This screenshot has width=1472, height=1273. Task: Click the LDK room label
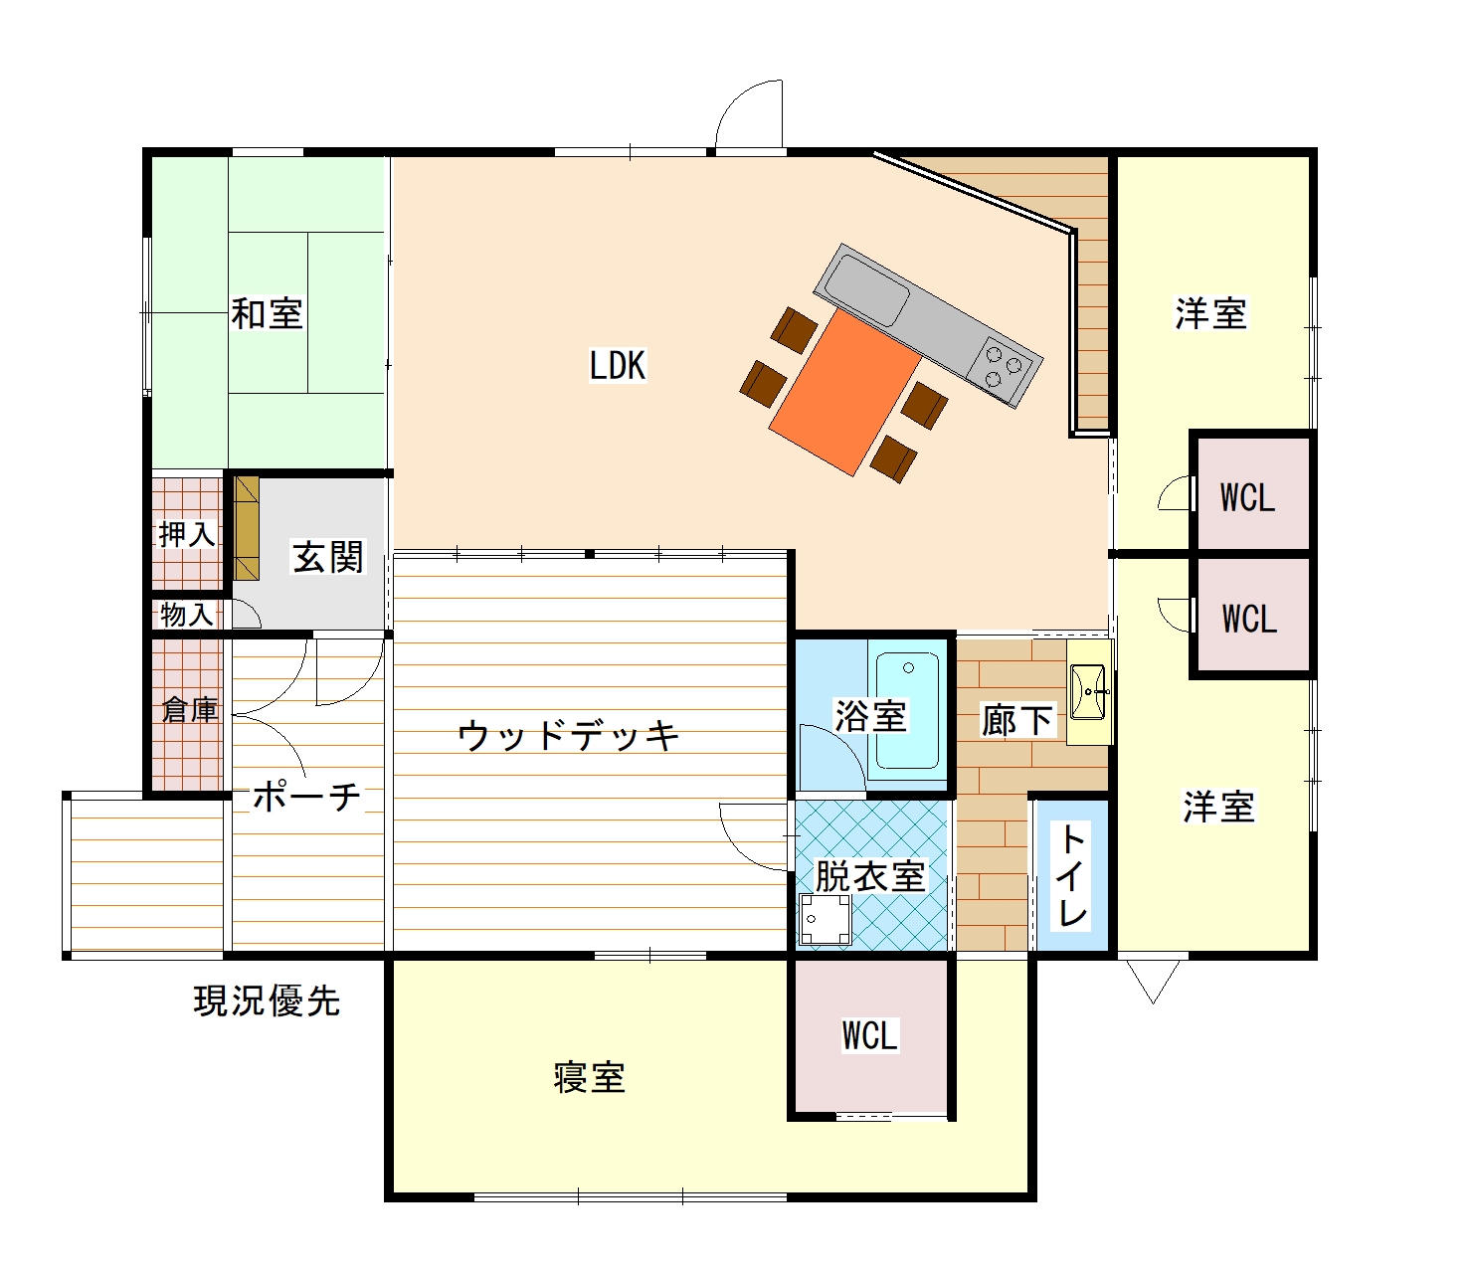(618, 365)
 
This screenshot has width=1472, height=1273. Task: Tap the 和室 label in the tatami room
(268, 313)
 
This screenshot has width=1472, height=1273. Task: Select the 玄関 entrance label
(328, 556)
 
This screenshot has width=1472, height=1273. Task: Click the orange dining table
(844, 392)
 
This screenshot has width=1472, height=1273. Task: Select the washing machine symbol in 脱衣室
(825, 918)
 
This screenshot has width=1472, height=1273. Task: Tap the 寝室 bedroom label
(590, 1077)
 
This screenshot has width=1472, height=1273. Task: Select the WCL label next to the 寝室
(869, 1035)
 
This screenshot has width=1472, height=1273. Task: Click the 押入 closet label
(187, 534)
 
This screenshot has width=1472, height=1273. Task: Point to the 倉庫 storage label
(189, 710)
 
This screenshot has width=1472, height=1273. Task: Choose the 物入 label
(187, 615)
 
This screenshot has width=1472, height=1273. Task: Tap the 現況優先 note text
(268, 1001)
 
